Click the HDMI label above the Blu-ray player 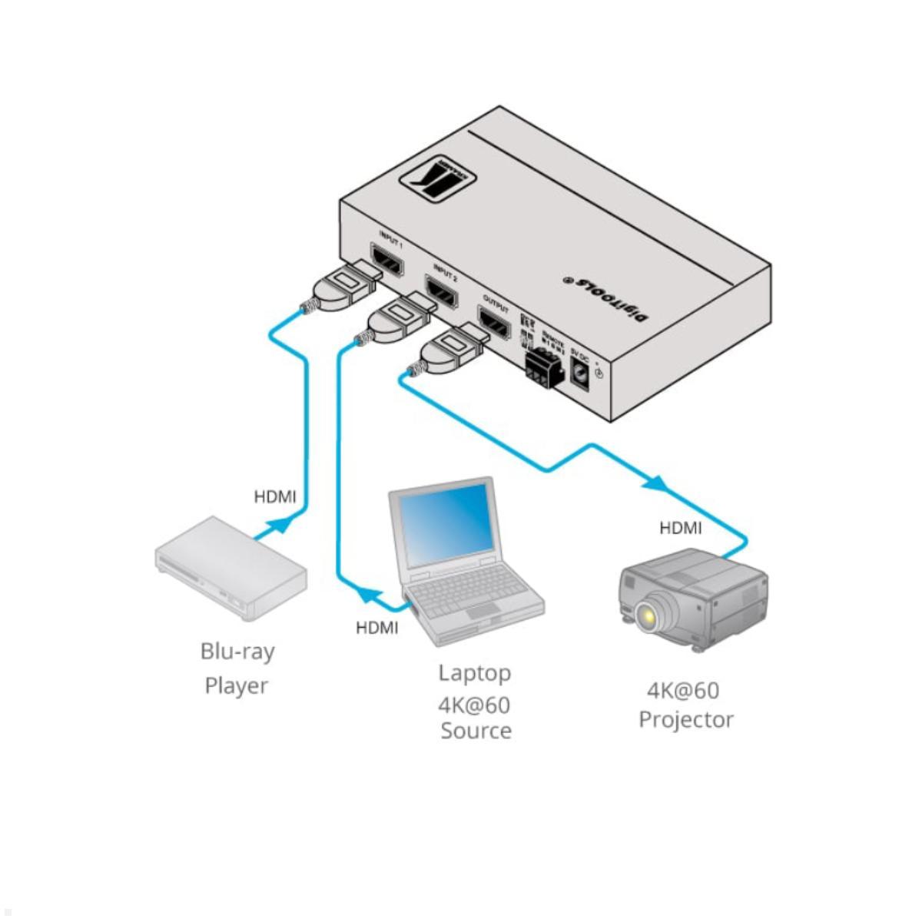click(x=274, y=497)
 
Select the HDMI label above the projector click(x=680, y=528)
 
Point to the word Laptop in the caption click(x=474, y=673)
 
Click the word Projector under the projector click(x=685, y=720)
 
